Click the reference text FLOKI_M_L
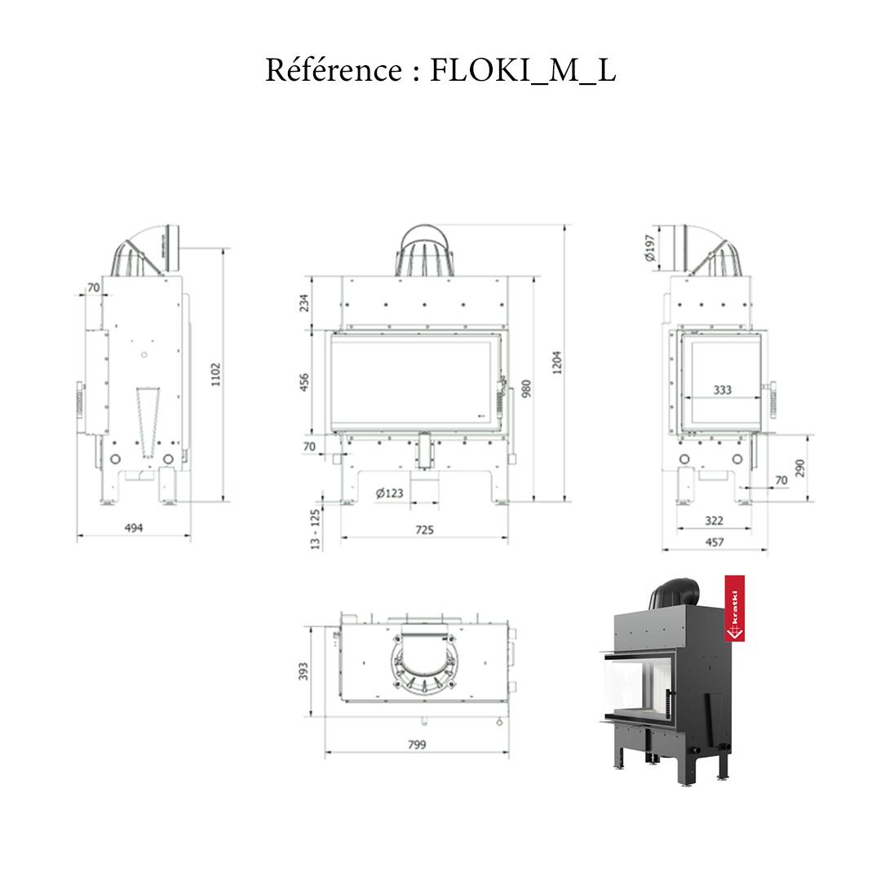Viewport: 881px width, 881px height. [522, 71]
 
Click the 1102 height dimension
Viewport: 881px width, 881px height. [215, 375]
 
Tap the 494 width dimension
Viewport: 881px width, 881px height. [134, 528]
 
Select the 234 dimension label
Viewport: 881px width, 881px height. [305, 303]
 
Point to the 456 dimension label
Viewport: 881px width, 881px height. [305, 383]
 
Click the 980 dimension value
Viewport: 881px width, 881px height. [526, 388]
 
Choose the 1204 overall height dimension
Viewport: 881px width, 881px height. [558, 362]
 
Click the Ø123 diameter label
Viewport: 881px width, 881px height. [389, 493]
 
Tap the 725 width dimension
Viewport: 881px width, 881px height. [424, 529]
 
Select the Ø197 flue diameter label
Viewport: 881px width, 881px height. [649, 248]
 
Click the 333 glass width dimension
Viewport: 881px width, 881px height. [723, 390]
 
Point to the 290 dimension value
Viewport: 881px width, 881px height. [800, 468]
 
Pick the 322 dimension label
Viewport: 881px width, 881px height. [714, 520]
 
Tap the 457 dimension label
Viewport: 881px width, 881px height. [714, 541]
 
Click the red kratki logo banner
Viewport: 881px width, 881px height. [734, 610]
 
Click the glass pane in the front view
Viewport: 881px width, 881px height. [412, 382]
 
